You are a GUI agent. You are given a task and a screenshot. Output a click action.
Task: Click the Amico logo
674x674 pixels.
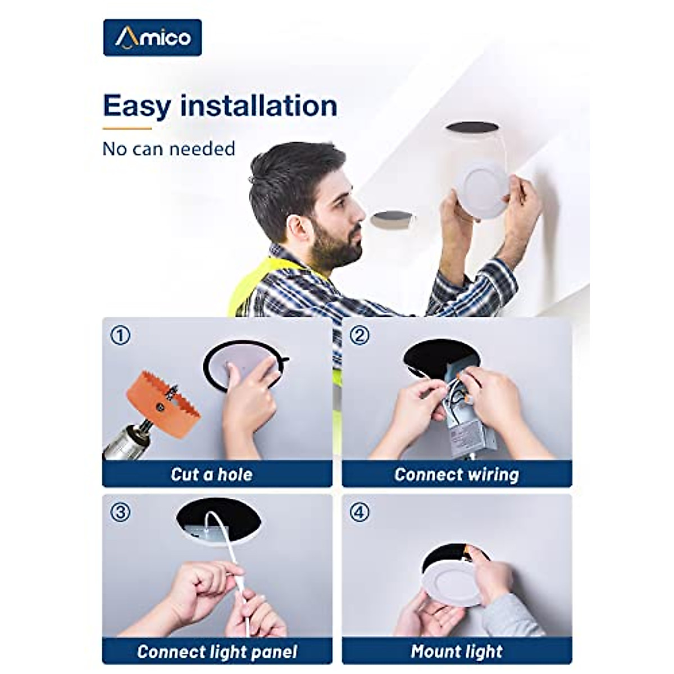152,38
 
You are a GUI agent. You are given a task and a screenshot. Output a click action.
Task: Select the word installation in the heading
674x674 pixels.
259,106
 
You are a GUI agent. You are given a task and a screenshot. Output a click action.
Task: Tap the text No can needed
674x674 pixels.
168,149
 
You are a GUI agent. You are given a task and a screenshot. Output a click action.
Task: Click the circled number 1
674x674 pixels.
120,336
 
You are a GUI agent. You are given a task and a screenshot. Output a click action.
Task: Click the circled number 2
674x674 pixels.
359,336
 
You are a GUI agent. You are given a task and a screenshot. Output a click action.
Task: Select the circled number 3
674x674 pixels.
120,512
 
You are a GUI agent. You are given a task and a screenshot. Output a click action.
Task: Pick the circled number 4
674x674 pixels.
359,512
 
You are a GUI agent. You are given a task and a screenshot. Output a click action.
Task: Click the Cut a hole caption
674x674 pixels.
211,475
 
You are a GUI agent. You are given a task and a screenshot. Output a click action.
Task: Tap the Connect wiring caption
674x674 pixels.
456,475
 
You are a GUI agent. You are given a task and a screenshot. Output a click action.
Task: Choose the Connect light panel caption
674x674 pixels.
217,652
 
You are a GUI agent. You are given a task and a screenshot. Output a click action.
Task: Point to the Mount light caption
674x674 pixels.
456,652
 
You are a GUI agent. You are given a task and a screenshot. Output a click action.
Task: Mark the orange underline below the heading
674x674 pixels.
127,129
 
